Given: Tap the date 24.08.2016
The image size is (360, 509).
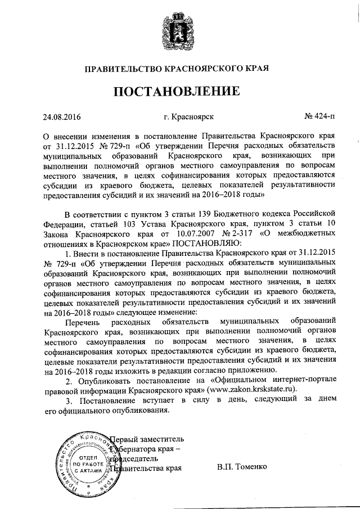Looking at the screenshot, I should [x=62, y=118].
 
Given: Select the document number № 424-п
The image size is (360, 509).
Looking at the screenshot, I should [x=318, y=118].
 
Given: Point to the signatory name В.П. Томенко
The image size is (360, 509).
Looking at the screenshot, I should [x=244, y=467].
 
